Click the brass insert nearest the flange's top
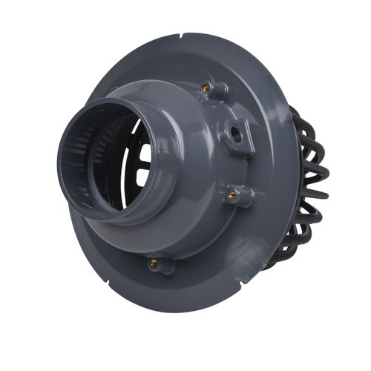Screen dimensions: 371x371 [x=206, y=88]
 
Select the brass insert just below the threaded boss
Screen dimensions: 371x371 [x=233, y=195]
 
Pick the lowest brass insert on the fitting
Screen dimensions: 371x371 [x=154, y=263]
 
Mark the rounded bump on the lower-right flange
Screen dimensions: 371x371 [x=249, y=252]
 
